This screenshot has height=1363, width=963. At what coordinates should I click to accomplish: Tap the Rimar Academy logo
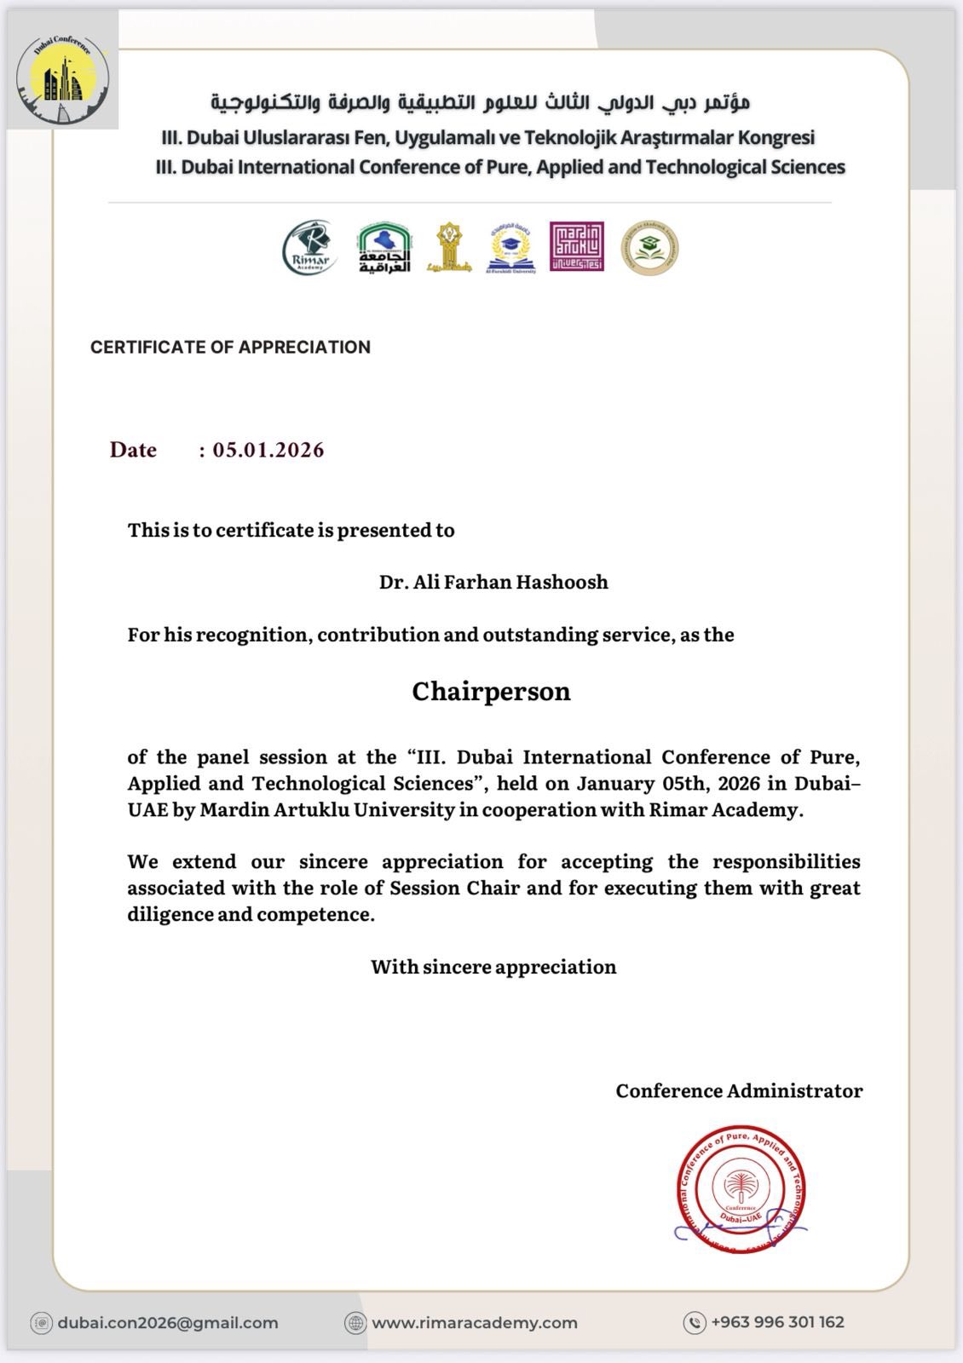[x=310, y=248]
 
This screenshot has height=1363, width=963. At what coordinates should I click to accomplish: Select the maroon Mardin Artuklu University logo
[x=576, y=247]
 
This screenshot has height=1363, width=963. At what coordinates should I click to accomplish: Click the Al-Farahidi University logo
[x=511, y=248]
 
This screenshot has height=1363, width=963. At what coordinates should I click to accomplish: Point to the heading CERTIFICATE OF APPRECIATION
[x=230, y=347]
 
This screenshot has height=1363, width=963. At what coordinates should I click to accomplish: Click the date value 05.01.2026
[x=268, y=450]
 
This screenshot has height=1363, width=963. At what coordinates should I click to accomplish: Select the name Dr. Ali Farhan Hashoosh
[x=493, y=583]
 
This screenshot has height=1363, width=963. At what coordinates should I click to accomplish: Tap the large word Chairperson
[x=491, y=691]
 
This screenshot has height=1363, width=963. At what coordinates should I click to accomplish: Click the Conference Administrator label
[x=739, y=1091]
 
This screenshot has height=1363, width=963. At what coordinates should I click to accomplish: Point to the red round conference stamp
[x=741, y=1190]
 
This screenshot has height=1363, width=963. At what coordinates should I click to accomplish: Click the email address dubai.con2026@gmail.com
[x=168, y=1323]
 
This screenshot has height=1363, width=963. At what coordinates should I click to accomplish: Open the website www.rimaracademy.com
[x=475, y=1323]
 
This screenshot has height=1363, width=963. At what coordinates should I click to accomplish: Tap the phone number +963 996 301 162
[x=777, y=1322]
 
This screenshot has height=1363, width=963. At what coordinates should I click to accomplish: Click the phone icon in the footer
[x=695, y=1322]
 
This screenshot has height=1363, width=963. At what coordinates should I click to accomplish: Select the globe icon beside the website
[x=355, y=1323]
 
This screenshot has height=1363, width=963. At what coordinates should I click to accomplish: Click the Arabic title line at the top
[x=481, y=103]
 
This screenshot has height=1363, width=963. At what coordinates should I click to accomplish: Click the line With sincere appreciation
[x=493, y=967]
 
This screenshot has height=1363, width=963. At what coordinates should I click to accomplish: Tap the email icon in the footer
[x=41, y=1323]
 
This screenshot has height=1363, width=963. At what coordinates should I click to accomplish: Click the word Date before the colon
[x=133, y=450]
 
